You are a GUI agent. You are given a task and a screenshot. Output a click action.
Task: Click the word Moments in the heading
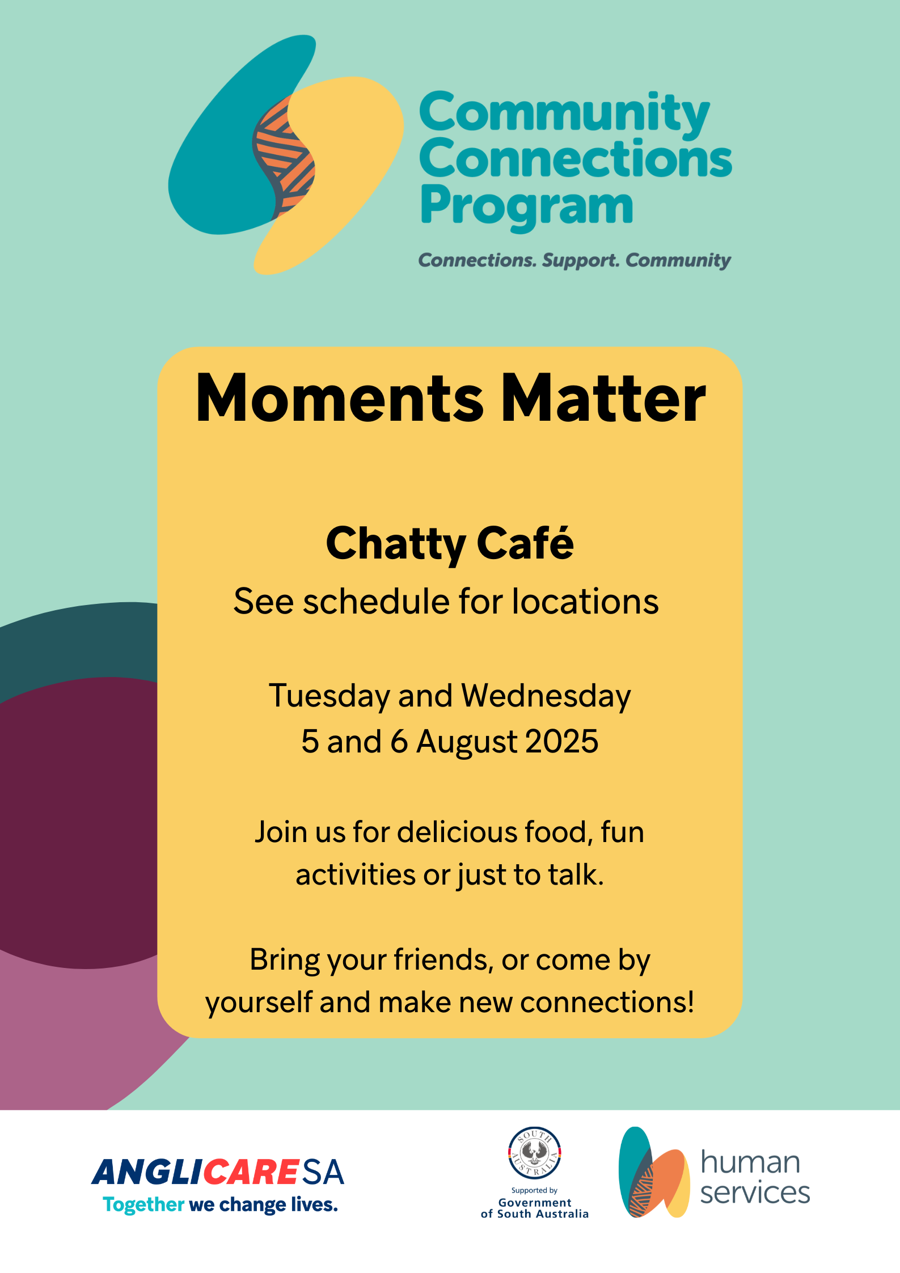click(339, 398)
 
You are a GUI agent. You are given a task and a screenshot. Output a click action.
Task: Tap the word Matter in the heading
click(603, 398)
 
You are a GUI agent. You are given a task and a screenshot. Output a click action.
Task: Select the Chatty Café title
click(450, 543)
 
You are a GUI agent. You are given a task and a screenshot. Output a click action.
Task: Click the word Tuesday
click(329, 696)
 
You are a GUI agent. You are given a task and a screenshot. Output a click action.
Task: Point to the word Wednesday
click(546, 696)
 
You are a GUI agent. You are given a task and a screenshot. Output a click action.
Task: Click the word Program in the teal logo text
click(526, 207)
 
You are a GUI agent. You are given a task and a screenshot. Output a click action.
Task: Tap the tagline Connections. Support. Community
click(574, 260)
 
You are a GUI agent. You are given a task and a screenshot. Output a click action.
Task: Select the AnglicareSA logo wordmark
click(218, 1172)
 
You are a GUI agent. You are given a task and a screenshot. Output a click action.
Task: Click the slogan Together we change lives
click(220, 1204)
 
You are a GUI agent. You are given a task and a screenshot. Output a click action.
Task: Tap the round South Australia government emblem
click(534, 1153)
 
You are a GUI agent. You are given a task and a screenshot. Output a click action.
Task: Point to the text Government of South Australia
click(535, 1208)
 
